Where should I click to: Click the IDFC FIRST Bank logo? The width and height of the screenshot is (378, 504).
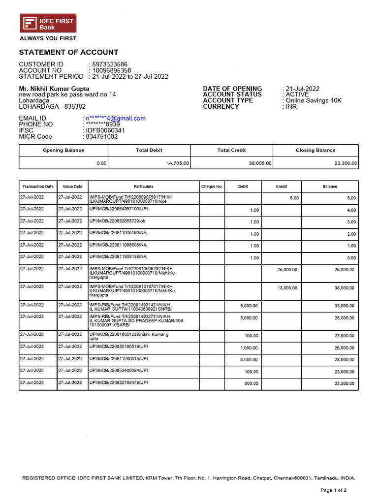pos(48,24)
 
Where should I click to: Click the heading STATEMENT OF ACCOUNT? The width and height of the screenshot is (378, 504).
pos(68,52)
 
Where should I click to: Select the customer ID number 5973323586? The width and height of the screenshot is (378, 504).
pos(110,64)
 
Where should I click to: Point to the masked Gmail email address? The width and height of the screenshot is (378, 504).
pos(116,119)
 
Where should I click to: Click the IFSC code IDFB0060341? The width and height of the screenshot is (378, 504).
pos(105,130)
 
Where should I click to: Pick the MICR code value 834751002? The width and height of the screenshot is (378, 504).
pos(102,137)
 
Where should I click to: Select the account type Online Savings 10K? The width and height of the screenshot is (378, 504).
pos(314,100)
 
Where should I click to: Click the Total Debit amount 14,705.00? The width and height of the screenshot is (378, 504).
pos(178,163)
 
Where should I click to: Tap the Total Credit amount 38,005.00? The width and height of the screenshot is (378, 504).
pos(260,163)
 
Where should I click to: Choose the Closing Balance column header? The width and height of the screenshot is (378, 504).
pos(315,150)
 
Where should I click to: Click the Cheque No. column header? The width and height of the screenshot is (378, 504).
pos(212,187)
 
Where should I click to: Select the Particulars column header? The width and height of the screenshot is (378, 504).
pos(143,187)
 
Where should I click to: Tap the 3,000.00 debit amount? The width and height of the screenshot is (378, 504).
pos(249,360)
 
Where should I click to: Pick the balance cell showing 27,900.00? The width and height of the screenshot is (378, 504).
pos(344,336)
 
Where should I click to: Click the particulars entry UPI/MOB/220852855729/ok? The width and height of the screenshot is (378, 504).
pos(117,221)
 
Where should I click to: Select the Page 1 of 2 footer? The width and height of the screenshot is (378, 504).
pos(333,490)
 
